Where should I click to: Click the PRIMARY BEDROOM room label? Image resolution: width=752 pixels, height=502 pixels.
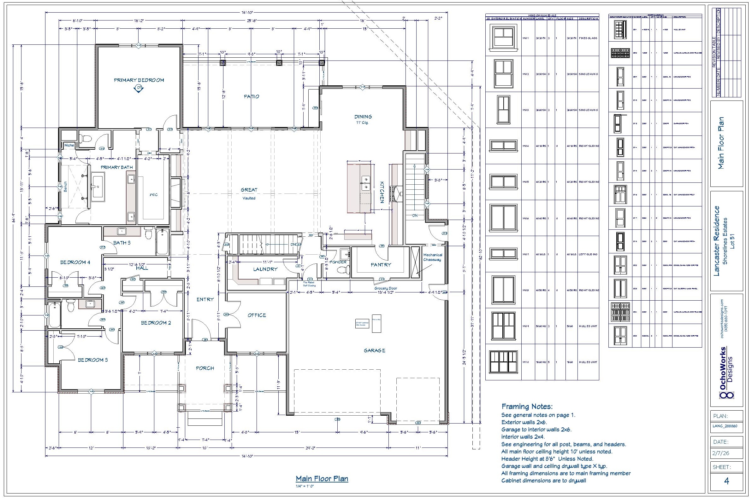click(139, 80)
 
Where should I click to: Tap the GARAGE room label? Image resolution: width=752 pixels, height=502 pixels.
click(374, 350)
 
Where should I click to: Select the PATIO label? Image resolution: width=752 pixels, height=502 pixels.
click(251, 96)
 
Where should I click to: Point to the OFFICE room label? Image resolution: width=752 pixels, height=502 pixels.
click(257, 315)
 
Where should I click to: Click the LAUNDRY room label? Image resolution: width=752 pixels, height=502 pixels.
click(265, 269)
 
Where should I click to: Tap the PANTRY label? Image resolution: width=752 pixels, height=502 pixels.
click(381, 265)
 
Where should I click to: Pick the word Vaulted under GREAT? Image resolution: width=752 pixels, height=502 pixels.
click(249, 198)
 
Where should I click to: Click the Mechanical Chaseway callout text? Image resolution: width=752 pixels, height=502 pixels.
click(432, 257)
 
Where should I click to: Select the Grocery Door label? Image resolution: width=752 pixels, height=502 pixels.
click(386, 288)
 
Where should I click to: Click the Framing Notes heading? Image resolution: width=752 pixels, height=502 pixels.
click(527, 407)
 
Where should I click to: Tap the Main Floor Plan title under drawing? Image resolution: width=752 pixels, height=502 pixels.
click(322, 479)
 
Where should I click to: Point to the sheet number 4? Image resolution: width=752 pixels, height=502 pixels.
click(726, 481)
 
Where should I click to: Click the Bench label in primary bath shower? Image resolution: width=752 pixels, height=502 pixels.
click(65, 187)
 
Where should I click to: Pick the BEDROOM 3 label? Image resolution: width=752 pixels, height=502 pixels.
click(93, 360)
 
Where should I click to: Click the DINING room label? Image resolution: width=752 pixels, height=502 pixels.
click(363, 117)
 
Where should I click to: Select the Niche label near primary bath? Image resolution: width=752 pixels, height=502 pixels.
click(69, 145)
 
